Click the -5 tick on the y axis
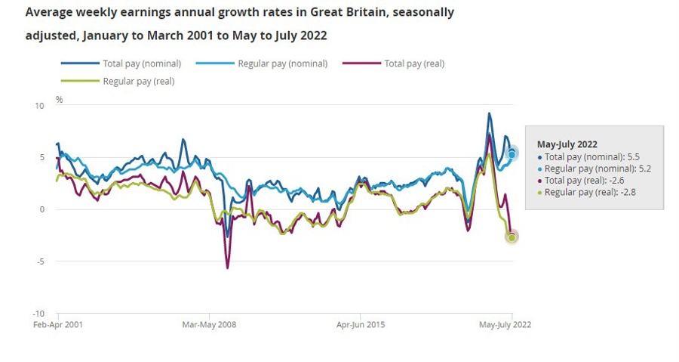tap(41, 261)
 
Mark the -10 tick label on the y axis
tap(39, 314)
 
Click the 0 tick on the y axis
tap(43, 209)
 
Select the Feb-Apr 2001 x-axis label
tap(59, 324)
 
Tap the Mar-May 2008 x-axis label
tap(209, 324)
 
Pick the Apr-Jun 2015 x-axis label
tap(360, 324)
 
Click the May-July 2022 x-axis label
tap(505, 324)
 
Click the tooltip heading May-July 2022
tap(567, 144)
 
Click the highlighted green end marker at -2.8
tap(512, 237)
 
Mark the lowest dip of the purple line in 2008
tap(227, 268)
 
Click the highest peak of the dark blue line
tap(489, 114)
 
